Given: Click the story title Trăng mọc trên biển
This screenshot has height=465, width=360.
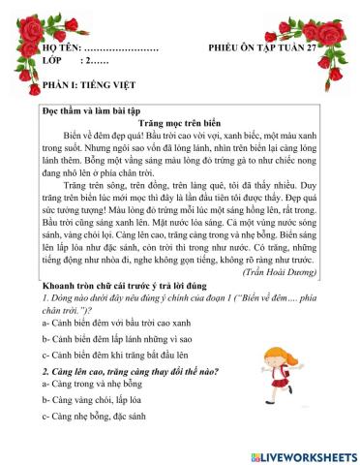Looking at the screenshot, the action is pyautogui.click(x=179, y=125).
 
